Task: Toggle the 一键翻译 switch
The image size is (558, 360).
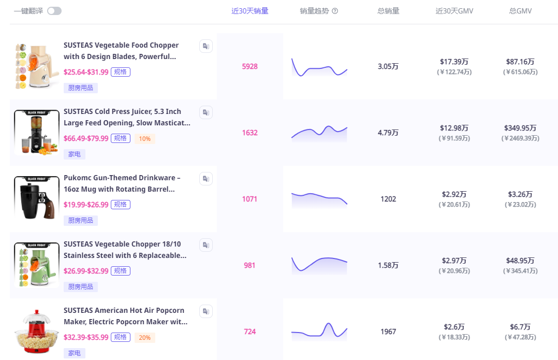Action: [x=54, y=11]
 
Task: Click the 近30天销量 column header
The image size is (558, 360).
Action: [x=249, y=11]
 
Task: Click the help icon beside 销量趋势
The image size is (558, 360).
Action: [x=335, y=11]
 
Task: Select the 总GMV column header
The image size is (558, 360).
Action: [x=520, y=11]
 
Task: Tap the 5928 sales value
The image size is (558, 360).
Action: [x=249, y=66]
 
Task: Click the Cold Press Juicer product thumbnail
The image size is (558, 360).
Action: [x=37, y=132]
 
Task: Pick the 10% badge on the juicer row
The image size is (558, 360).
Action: [x=144, y=138]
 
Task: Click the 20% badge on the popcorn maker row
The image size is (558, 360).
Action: [x=144, y=337]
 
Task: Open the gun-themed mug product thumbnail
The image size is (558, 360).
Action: [x=37, y=198]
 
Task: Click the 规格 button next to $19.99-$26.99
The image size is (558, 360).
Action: [x=121, y=205]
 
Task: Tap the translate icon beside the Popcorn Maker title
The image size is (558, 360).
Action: [x=206, y=311]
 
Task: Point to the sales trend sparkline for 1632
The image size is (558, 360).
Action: [x=319, y=133]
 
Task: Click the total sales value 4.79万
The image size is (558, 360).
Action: [x=388, y=133]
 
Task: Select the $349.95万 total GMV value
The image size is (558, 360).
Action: [x=520, y=128]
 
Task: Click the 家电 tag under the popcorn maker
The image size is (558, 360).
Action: [x=74, y=353]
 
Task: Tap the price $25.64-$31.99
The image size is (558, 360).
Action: [x=86, y=72]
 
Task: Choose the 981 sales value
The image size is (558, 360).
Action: [x=249, y=265]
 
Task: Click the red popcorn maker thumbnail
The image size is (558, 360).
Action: [x=37, y=331]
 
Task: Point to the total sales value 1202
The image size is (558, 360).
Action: [x=388, y=199]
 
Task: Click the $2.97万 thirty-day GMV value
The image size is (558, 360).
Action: [x=454, y=261]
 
